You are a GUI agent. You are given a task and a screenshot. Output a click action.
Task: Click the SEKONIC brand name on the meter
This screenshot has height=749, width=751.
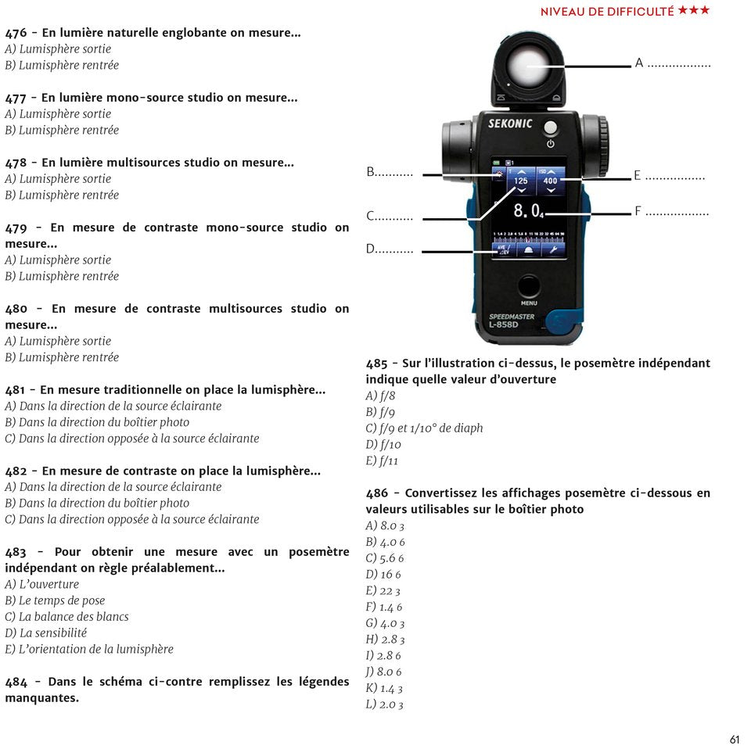click(510, 124)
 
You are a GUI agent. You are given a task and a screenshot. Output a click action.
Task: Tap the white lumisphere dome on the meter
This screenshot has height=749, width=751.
click(528, 66)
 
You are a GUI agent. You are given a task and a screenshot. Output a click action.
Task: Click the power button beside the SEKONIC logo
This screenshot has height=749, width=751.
click(551, 128)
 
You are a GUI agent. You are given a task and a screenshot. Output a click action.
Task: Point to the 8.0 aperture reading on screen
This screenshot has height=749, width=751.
click(526, 211)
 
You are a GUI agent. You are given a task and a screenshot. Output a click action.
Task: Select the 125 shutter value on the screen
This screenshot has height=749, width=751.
click(520, 181)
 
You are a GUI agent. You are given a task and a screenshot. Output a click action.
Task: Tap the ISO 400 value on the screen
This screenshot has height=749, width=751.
click(550, 181)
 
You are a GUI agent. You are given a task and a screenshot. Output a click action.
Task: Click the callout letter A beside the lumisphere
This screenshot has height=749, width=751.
click(639, 63)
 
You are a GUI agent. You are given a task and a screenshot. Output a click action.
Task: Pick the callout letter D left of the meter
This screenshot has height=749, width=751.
click(371, 249)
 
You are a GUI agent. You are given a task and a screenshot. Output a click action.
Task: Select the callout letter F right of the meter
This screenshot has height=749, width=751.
click(638, 211)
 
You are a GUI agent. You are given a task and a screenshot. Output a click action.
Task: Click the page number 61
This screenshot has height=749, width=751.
click(734, 740)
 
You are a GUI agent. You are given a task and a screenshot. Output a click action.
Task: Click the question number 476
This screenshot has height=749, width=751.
click(16, 33)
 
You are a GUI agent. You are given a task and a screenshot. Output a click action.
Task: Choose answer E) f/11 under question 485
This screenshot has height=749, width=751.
click(382, 461)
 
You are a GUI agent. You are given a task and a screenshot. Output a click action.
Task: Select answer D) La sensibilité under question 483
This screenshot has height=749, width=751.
click(46, 633)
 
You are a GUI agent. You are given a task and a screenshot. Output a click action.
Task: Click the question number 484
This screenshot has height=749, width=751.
click(16, 682)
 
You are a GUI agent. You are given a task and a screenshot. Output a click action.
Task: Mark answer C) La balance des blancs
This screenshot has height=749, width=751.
click(66, 616)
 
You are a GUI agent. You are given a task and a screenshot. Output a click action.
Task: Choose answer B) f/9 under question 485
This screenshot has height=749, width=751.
click(380, 412)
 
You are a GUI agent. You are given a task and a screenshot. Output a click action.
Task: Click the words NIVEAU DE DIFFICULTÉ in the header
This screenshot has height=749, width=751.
click(607, 11)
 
